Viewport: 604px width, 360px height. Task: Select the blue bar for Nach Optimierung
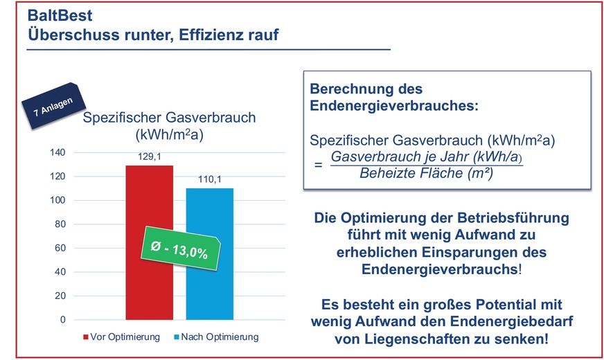tap(209, 291)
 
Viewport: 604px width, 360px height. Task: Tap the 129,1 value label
tap(149, 158)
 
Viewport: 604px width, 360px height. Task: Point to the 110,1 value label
tap(209, 179)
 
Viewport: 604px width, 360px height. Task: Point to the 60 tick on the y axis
tap(61, 248)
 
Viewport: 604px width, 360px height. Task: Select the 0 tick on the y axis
tap(63, 320)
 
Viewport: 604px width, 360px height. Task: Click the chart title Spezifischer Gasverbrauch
tap(170, 118)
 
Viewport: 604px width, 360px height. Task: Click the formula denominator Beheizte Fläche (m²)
tap(426, 174)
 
